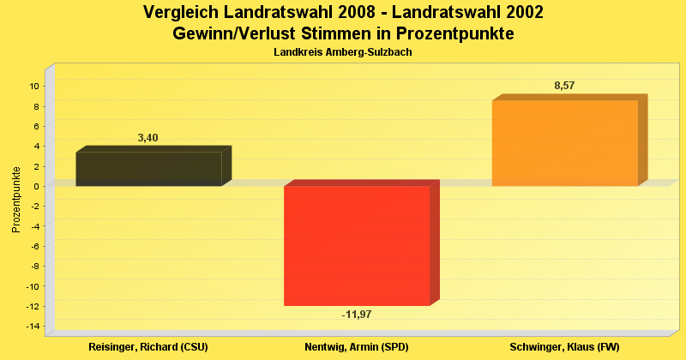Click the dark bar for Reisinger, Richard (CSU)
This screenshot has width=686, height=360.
tap(148, 169)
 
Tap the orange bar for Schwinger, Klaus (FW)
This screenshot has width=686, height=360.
tap(564, 143)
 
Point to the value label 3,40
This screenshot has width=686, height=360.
tap(148, 138)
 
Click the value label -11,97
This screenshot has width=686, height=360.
tap(357, 315)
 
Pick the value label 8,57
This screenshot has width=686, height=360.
tap(565, 86)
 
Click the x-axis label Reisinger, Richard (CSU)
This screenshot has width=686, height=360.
tap(148, 347)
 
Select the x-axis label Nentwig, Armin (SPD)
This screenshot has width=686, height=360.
tap(357, 347)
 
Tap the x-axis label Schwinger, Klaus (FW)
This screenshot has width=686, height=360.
tap(564, 347)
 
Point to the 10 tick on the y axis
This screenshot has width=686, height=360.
tap(34, 86)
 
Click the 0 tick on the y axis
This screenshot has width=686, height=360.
tap(37, 186)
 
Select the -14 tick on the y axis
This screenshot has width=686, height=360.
tap(33, 327)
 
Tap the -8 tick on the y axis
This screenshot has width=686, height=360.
tap(35, 266)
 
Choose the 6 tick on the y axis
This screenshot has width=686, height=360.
tap(37, 126)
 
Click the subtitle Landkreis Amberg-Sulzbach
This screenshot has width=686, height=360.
tap(343, 52)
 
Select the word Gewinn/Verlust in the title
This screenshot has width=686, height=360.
tap(232, 33)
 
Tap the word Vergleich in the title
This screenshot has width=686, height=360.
tap(181, 13)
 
